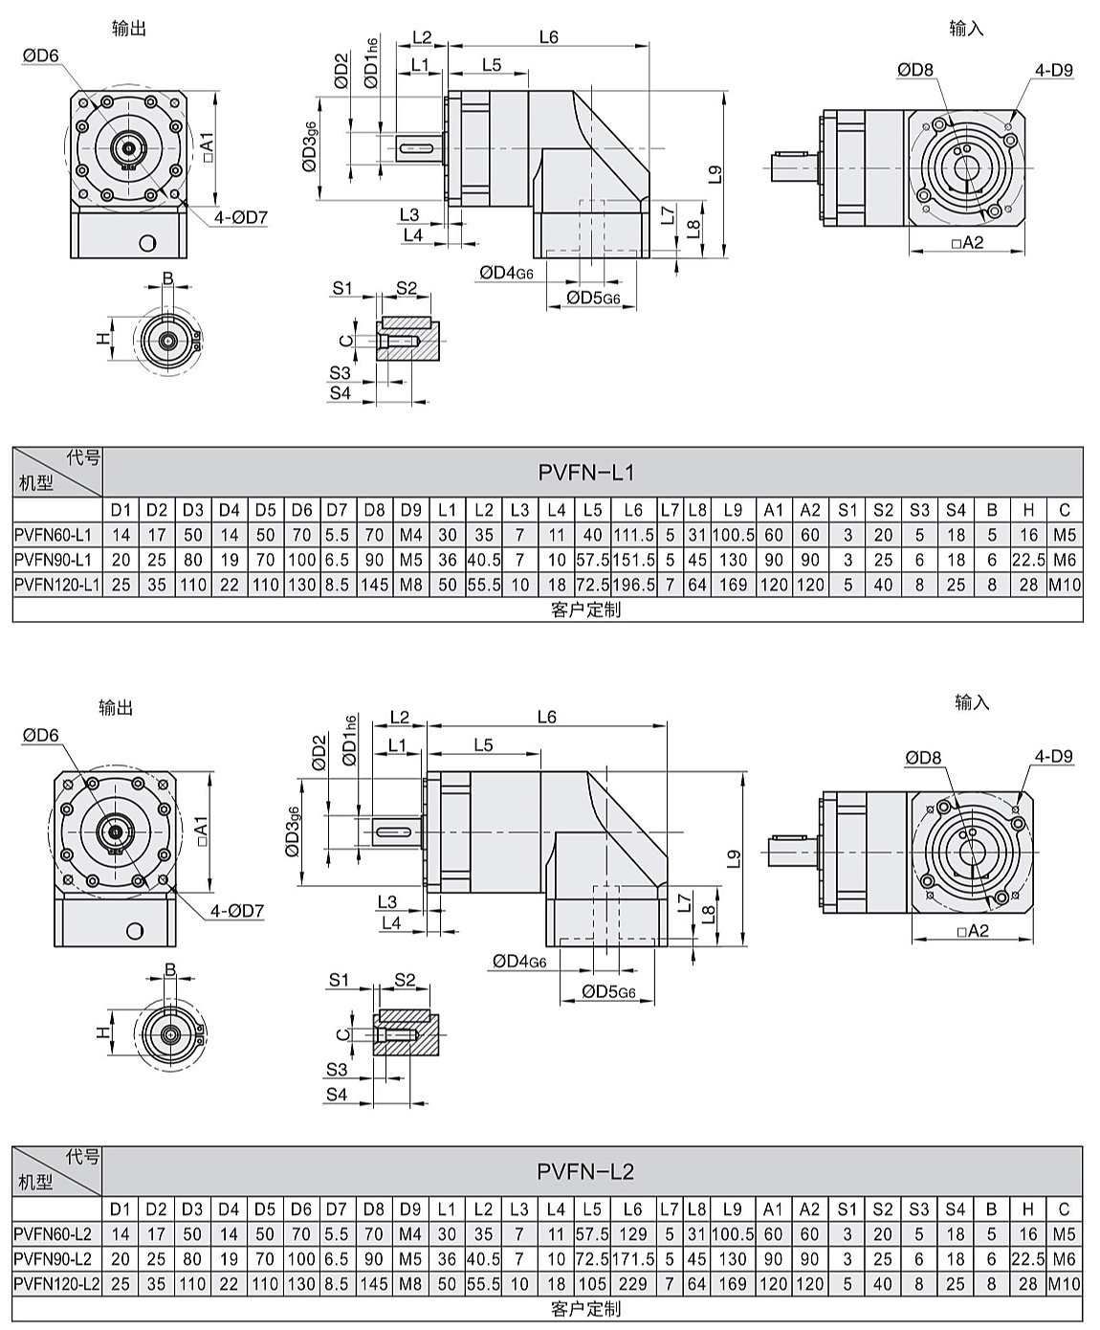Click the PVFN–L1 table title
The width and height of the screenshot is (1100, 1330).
click(586, 472)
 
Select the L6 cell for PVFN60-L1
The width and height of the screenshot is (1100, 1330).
click(633, 535)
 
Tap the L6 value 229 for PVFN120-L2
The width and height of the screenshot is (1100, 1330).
click(632, 1283)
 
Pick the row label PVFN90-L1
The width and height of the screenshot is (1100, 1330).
click(53, 560)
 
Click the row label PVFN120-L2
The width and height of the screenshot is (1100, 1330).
click(56, 1283)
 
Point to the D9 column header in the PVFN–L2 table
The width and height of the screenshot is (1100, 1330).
click(410, 1209)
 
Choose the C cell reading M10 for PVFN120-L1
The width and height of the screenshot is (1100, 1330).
click(1064, 585)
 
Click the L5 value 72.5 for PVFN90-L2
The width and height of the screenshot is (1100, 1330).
click(592, 1258)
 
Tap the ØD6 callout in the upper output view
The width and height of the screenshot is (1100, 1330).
click(40, 56)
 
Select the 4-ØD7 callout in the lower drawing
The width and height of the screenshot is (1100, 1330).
click(237, 911)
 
